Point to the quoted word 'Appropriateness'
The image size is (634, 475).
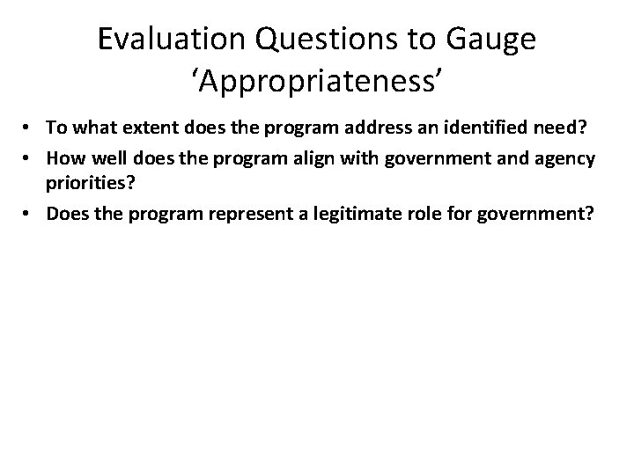pos(317,82)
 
